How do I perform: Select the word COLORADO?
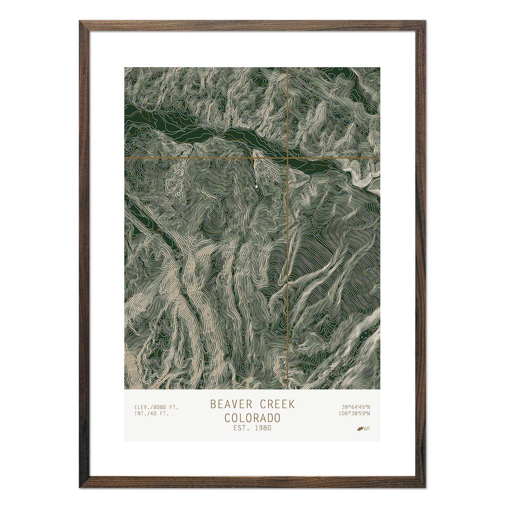coord(252,418)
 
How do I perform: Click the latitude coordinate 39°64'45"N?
coord(356,407)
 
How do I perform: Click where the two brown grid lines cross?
coord(287,158)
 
